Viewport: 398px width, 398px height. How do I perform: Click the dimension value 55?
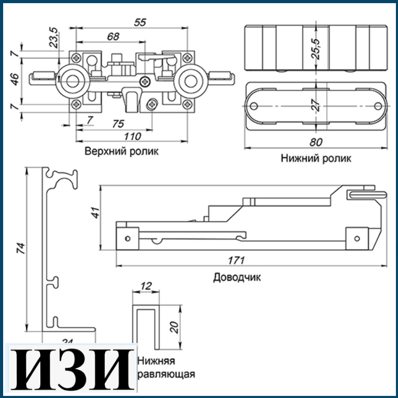(139, 22)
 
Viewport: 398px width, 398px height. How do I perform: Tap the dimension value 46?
(15, 79)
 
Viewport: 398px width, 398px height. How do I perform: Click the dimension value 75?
(118, 124)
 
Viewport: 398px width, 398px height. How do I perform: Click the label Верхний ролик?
(122, 151)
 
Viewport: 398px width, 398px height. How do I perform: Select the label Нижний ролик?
(316, 158)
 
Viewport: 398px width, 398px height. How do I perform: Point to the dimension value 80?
(316, 142)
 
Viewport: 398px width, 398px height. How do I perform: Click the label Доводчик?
(237, 277)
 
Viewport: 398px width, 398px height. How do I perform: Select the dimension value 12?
(146, 286)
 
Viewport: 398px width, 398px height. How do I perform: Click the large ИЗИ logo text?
(70, 369)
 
